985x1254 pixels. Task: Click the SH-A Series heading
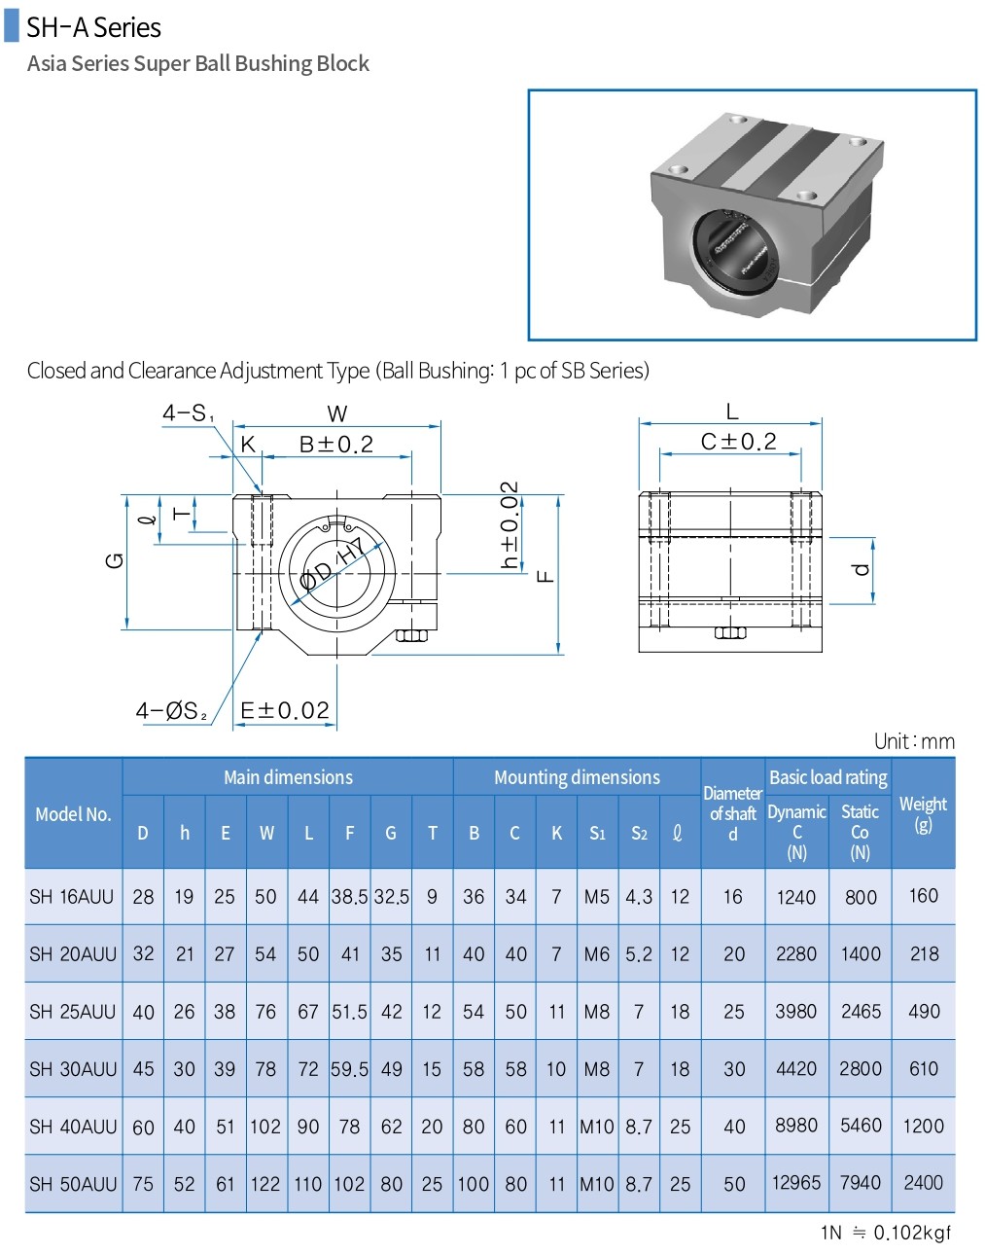[x=93, y=27]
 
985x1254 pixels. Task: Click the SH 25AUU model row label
[x=73, y=1012]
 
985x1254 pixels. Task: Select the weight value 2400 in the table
[x=923, y=1183]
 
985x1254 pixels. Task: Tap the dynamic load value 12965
[x=796, y=1183]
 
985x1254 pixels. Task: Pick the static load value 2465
[x=861, y=1012]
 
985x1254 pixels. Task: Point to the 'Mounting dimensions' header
[x=577, y=777]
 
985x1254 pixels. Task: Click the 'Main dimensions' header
[x=288, y=777]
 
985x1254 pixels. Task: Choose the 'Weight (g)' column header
[x=923, y=813]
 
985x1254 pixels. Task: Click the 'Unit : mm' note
[x=914, y=741]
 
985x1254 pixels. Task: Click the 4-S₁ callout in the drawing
[x=188, y=413]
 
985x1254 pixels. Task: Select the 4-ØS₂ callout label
[x=172, y=711]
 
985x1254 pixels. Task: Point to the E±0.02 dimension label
[x=285, y=711]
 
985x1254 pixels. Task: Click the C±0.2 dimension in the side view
[x=739, y=442]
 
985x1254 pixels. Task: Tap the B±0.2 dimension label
[x=336, y=445]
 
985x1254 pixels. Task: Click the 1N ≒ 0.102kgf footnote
[x=886, y=1234]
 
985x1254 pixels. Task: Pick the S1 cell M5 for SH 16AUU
[x=597, y=897]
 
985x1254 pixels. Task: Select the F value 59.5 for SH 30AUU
[x=349, y=1069]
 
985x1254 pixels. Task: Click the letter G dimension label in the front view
[x=115, y=560]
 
